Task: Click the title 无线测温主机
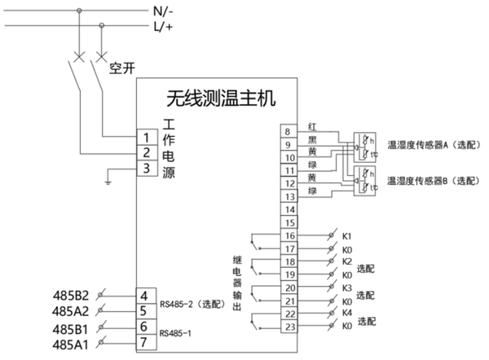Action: [x=222, y=99]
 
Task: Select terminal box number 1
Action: [x=144, y=137]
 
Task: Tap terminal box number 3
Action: [x=144, y=169]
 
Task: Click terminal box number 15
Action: [x=288, y=222]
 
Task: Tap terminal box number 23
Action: [x=288, y=327]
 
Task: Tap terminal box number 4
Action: [x=144, y=296]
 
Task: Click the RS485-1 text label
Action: [x=177, y=332]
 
